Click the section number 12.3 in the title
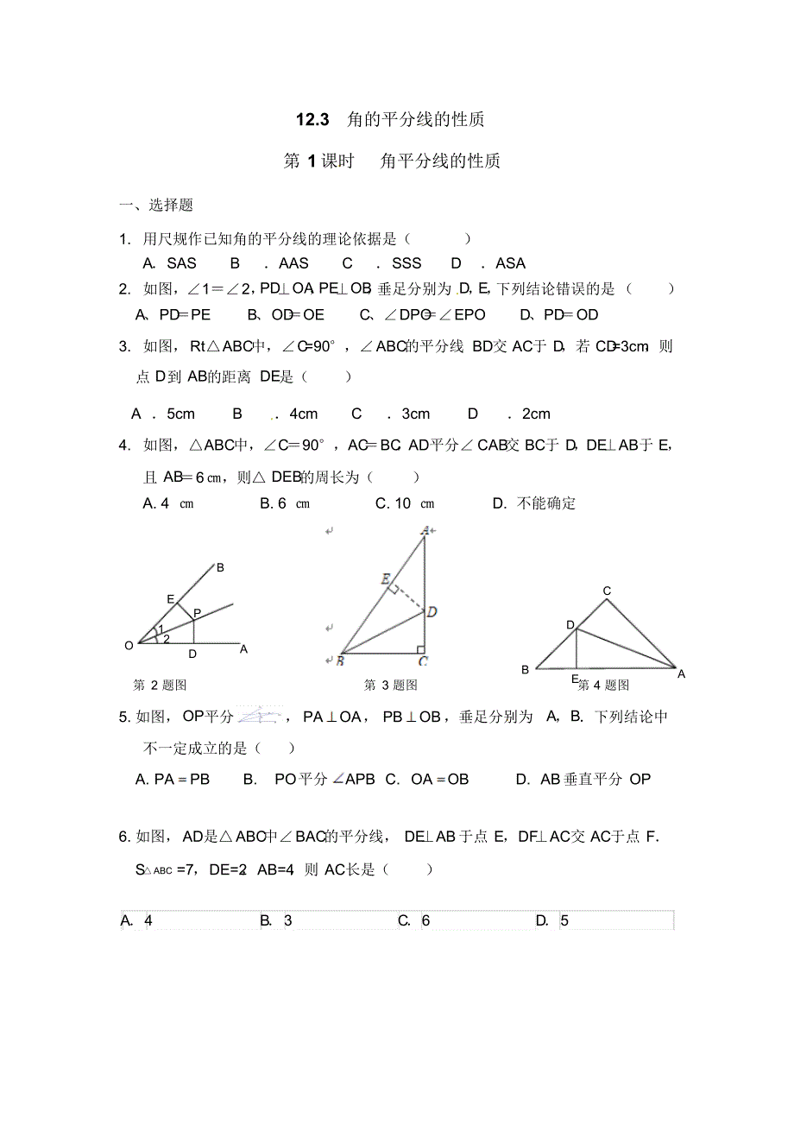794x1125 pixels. (x=312, y=120)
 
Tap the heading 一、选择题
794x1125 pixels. (x=156, y=205)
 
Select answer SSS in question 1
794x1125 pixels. (x=406, y=264)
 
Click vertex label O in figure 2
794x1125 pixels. (x=129, y=645)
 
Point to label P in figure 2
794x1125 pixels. (x=197, y=613)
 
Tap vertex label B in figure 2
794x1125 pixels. (x=220, y=567)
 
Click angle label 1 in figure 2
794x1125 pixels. (x=161, y=629)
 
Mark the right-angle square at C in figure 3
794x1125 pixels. (x=420, y=648)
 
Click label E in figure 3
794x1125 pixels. (x=385, y=578)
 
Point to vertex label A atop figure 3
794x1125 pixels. (x=425, y=531)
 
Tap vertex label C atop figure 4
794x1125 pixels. (x=607, y=591)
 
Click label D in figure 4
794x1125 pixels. (x=570, y=624)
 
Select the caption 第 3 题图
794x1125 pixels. (x=390, y=685)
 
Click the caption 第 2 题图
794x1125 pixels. (x=160, y=685)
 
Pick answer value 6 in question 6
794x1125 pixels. (x=425, y=920)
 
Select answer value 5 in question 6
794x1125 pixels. (x=564, y=920)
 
